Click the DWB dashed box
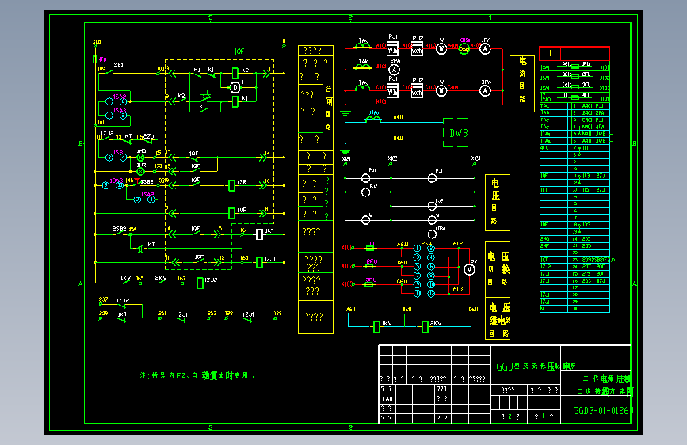click(459, 133)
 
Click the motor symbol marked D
click(235, 88)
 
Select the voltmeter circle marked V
click(468, 269)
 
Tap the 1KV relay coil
click(377, 325)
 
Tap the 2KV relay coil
click(426, 325)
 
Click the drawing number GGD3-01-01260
click(603, 411)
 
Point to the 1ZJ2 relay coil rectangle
click(200, 283)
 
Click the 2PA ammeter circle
click(394, 70)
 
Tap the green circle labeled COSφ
click(464, 48)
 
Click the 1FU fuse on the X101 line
click(371, 248)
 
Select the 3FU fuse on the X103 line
click(371, 282)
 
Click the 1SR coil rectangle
click(231, 184)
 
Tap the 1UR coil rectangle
click(231, 211)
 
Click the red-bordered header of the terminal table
click(574, 53)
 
